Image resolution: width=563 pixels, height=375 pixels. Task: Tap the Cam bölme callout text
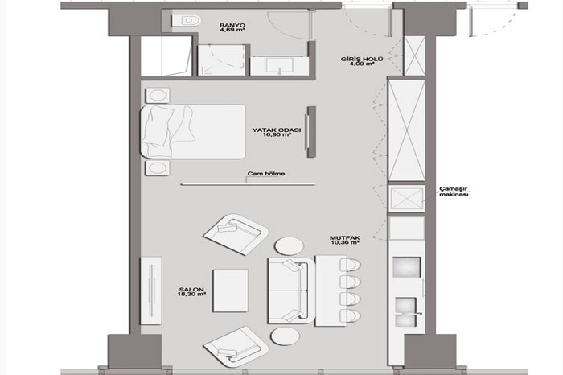[266, 174]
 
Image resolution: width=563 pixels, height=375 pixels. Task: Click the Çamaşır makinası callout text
[454, 192]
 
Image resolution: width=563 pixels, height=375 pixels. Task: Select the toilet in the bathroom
[187, 20]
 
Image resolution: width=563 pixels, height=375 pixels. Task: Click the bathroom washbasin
[279, 66]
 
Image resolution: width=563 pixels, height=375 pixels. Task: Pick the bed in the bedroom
[193, 131]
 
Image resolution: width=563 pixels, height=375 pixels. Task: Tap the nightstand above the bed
[158, 95]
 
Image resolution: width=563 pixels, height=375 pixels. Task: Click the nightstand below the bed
[158, 168]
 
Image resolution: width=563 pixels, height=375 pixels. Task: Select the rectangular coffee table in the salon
[231, 291]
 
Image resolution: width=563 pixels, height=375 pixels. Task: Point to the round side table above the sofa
[289, 246]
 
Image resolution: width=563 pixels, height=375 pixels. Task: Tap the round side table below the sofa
[286, 336]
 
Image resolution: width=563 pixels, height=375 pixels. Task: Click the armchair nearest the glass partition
[236, 234]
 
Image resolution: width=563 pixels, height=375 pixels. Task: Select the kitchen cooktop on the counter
[407, 267]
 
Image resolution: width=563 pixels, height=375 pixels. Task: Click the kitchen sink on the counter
[406, 311]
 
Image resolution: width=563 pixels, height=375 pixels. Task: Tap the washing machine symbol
[407, 198]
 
